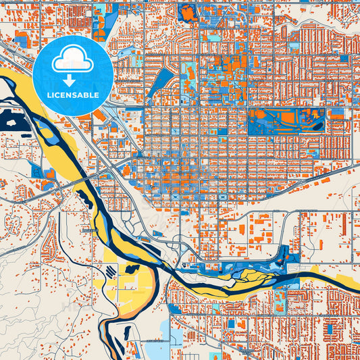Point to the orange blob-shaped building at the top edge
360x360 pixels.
[x=188, y=11]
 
